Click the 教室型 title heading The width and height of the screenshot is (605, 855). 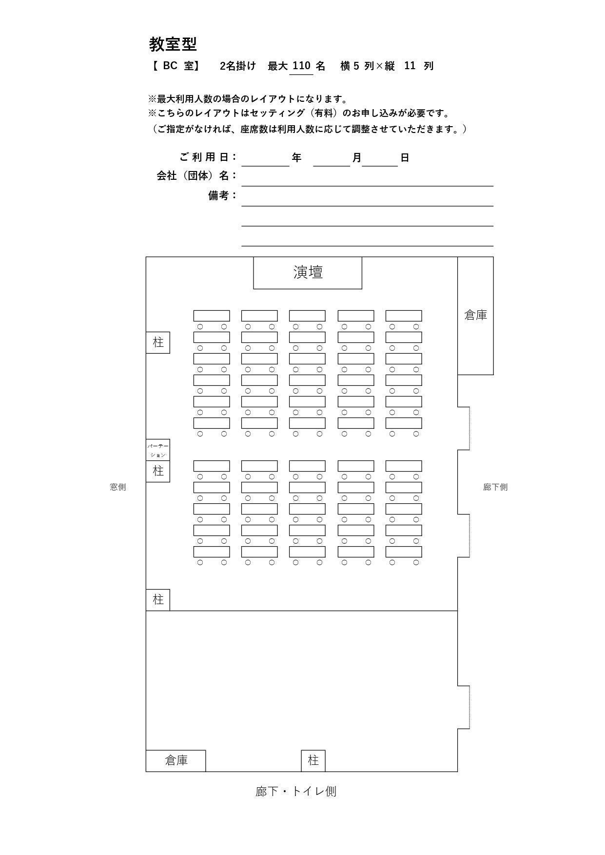[173, 44]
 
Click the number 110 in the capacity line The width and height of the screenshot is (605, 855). [301, 66]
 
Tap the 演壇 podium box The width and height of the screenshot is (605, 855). [308, 272]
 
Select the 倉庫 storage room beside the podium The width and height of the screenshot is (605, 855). [475, 315]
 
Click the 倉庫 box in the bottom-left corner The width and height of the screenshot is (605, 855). [176, 760]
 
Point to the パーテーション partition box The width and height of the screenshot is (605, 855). [158, 450]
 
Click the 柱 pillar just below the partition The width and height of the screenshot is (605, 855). [158, 471]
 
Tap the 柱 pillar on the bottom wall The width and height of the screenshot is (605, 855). [313, 760]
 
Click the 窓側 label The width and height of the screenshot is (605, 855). [118, 487]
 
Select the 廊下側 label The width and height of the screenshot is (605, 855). [495, 487]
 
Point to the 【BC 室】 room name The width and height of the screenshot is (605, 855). [175, 66]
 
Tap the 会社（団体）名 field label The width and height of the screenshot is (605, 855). [196, 176]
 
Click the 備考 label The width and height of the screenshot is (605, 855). [222, 196]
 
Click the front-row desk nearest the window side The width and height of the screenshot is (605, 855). [212, 316]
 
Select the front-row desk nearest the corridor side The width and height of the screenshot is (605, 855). [404, 316]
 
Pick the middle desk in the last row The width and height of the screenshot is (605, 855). [307, 552]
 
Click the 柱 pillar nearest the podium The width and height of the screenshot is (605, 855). [158, 342]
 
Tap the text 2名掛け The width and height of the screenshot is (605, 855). [238, 66]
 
